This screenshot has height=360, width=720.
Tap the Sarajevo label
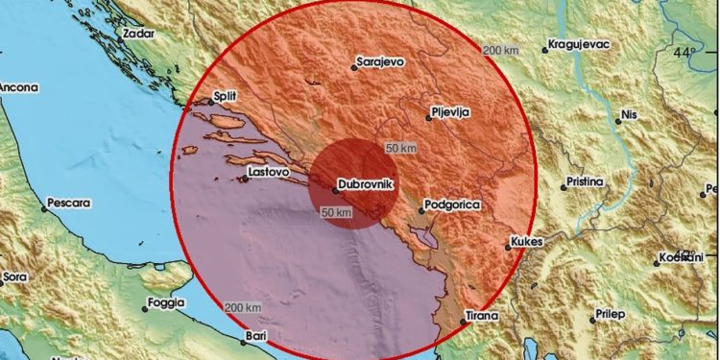click(x=380, y=60)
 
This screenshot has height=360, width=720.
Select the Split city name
click(x=224, y=97)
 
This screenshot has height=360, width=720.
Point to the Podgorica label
click(x=455, y=204)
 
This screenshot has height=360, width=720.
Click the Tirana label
click(x=482, y=316)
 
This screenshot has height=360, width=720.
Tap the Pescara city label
click(x=69, y=204)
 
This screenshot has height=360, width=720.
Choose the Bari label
click(x=256, y=336)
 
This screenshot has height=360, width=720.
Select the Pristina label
click(x=584, y=181)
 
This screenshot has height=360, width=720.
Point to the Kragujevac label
click(x=581, y=44)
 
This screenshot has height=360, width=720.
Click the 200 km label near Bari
click(x=243, y=307)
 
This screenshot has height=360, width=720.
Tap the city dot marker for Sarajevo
click(x=351, y=68)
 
